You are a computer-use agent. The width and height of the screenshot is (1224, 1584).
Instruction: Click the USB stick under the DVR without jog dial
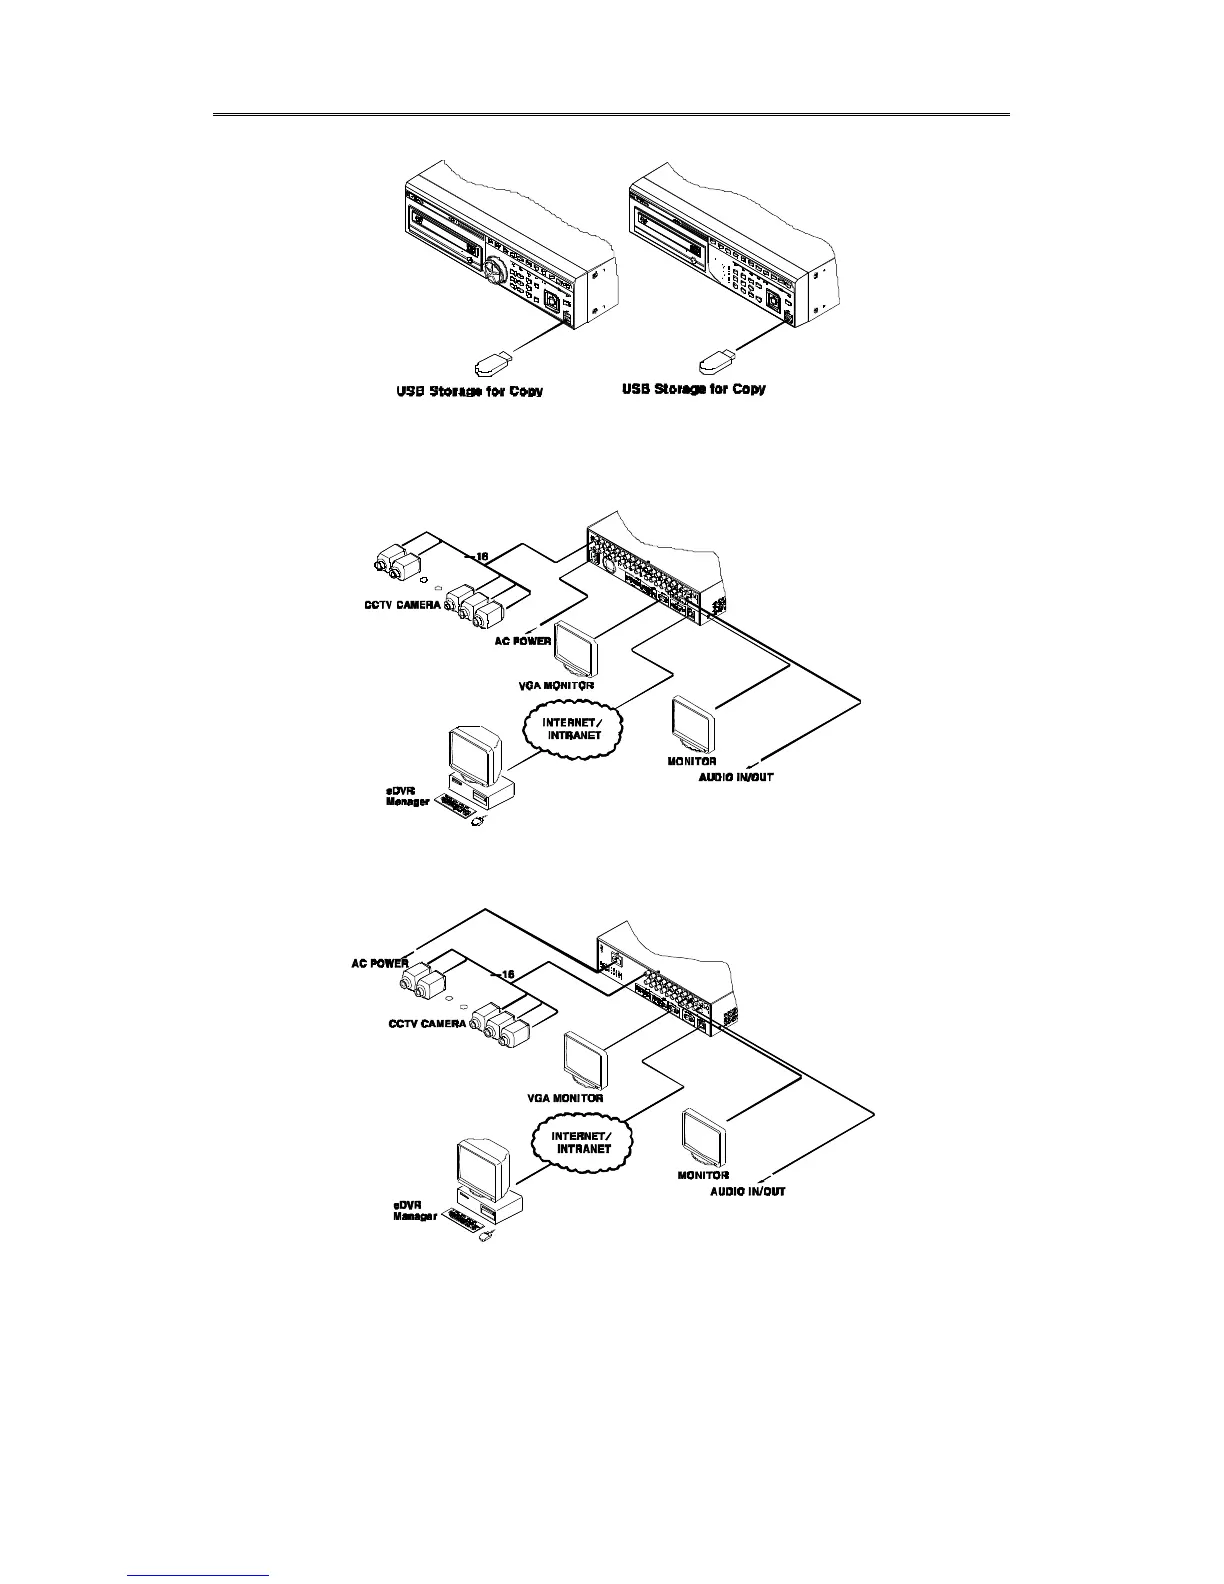click(x=718, y=357)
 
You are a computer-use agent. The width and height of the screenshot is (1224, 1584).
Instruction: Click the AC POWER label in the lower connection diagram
click(x=379, y=964)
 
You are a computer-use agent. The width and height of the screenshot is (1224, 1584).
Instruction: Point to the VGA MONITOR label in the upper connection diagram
click(x=564, y=686)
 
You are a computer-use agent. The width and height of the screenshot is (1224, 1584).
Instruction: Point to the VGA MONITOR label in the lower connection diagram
click(x=565, y=1097)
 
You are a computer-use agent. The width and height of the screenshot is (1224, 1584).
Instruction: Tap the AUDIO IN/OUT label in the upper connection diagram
click(x=735, y=776)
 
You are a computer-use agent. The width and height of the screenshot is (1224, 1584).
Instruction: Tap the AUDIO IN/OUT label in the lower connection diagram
click(x=747, y=1191)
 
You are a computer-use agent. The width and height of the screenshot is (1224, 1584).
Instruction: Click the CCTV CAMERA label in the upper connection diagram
click(x=401, y=606)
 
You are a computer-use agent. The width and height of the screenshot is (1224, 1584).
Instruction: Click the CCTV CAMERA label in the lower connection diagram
click(x=427, y=1024)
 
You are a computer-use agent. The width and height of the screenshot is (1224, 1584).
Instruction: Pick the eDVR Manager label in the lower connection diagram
click(x=413, y=1211)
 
